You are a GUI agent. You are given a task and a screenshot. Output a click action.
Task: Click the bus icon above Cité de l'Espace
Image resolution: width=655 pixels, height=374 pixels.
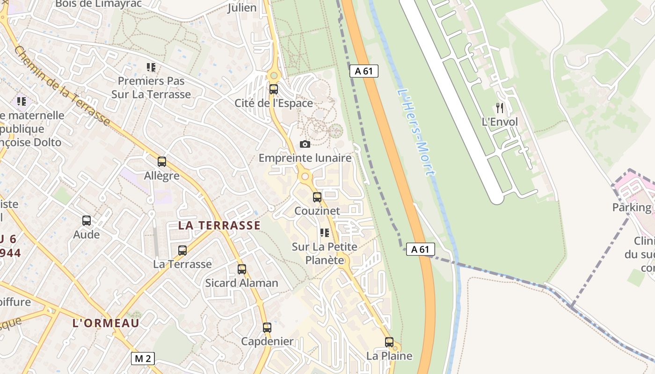[x=274, y=89]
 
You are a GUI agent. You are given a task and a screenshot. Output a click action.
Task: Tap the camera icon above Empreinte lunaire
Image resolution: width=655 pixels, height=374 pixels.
[x=305, y=144]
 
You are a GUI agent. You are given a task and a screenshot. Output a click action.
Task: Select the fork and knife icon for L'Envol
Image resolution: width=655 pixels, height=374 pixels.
[x=500, y=108]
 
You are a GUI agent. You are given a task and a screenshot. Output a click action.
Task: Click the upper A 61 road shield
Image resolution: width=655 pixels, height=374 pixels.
[x=364, y=71]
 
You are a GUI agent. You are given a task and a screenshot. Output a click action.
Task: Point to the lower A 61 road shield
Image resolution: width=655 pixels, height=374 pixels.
[x=420, y=249]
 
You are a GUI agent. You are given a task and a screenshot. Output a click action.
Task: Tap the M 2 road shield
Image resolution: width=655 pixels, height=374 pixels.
[x=143, y=359]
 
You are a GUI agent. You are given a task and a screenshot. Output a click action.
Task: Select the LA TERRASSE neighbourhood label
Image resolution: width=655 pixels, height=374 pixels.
[x=219, y=225]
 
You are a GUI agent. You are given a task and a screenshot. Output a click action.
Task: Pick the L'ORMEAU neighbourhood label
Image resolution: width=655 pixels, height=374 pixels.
[x=106, y=323]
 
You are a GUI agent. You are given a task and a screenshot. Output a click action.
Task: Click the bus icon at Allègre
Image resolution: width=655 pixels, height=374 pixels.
[x=162, y=162]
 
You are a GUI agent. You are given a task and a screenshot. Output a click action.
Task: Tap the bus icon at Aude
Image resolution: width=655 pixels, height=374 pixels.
[x=87, y=220]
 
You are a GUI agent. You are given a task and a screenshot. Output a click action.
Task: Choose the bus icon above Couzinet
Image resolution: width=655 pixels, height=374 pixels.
[x=317, y=197]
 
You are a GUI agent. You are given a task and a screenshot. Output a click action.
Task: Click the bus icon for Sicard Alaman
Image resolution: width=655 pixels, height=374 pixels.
[x=242, y=269]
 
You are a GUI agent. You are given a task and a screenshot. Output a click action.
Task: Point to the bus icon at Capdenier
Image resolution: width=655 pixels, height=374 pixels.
[x=267, y=327]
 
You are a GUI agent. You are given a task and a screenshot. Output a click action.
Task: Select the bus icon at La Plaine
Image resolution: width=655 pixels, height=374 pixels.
[x=389, y=342]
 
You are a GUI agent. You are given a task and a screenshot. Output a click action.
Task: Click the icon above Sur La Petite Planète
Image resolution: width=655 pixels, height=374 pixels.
[x=324, y=232]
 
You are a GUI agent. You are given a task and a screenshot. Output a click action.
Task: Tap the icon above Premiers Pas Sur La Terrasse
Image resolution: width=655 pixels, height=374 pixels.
[x=151, y=67]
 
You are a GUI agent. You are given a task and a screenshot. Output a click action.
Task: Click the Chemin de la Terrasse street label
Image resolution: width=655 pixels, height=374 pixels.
[x=62, y=86]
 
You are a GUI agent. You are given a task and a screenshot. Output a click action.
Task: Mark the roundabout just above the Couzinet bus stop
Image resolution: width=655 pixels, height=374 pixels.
[x=306, y=176]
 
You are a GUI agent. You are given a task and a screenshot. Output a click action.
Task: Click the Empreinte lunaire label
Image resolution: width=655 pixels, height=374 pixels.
[x=305, y=158]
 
